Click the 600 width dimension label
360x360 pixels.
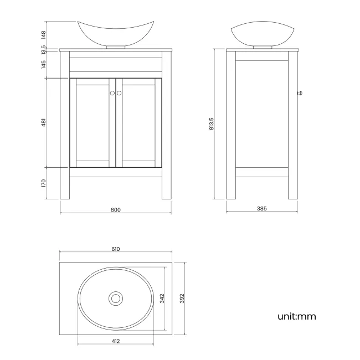pos(115,209)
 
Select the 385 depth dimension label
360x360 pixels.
pos(262,209)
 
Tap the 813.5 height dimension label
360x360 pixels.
pos(212,124)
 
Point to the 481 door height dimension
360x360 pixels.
pos(43,122)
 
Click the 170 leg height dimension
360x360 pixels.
pos(43,183)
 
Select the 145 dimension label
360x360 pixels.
pos(43,65)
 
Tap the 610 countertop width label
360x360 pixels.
pos(115,249)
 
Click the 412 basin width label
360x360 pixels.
pos(115,341)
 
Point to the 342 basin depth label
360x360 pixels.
pos(162,299)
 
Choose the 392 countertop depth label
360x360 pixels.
pos(181,299)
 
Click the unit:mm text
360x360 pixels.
pos(296,317)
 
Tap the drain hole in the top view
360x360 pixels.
pos(115,299)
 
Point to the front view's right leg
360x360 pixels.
pos(166,188)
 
